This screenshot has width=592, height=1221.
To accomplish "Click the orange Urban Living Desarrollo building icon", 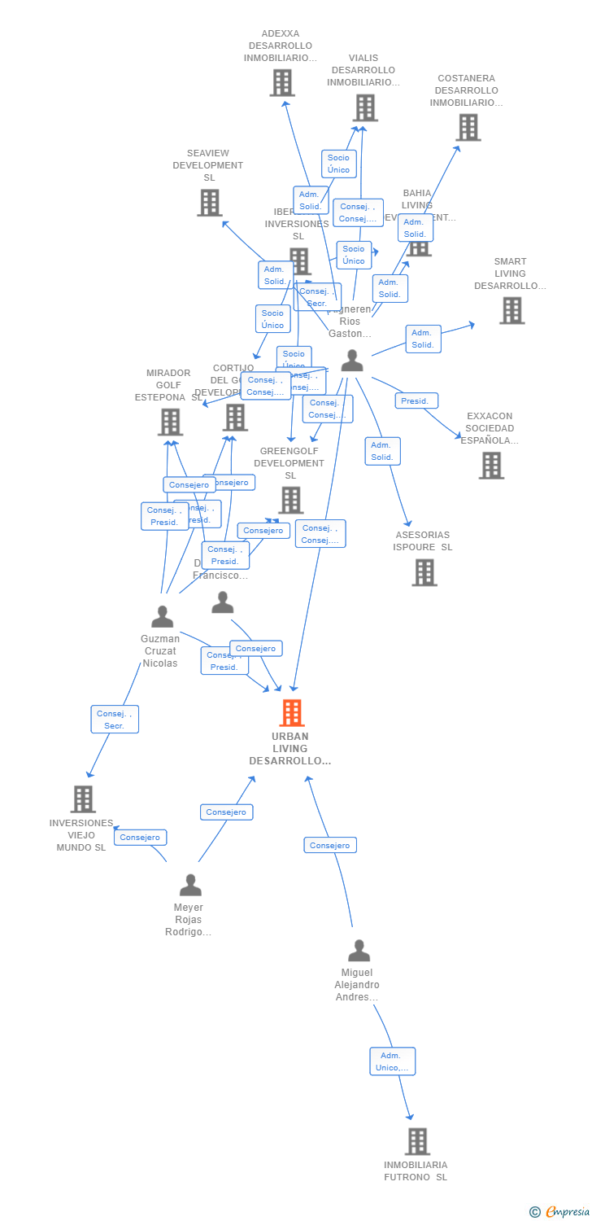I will tap(291, 713).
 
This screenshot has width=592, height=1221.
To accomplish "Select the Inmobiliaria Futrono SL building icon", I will tap(417, 1141).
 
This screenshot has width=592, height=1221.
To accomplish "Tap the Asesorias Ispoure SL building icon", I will tap(424, 572).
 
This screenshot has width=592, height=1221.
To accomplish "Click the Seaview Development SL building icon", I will tap(209, 203).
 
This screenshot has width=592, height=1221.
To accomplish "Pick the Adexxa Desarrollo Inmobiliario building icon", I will tap(281, 83).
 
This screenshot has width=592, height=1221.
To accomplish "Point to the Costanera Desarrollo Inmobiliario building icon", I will tap(468, 127).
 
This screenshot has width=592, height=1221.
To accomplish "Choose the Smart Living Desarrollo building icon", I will tap(511, 310).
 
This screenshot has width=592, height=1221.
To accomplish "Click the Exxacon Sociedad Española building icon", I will tap(491, 466).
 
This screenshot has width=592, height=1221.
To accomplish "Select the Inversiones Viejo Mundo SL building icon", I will tap(83, 799).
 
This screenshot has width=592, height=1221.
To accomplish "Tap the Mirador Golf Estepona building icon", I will tap(170, 422).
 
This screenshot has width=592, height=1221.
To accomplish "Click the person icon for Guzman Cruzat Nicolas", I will tap(163, 617).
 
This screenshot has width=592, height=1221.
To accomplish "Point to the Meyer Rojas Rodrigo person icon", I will tap(190, 885).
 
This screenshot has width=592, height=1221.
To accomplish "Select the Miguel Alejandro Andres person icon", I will tap(359, 951).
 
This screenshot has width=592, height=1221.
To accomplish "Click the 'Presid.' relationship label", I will tap(416, 400).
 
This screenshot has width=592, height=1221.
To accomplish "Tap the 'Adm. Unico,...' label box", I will tap(393, 1061).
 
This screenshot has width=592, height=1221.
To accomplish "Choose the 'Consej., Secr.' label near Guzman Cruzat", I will tap(115, 719).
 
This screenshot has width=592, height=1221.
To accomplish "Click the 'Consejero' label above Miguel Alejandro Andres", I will tap(330, 845).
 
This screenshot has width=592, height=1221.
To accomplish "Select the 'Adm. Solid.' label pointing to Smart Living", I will tap(423, 339).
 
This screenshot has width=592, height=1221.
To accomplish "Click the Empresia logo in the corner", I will tap(560, 1212).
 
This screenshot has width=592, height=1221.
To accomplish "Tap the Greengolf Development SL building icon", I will tap(290, 500).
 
